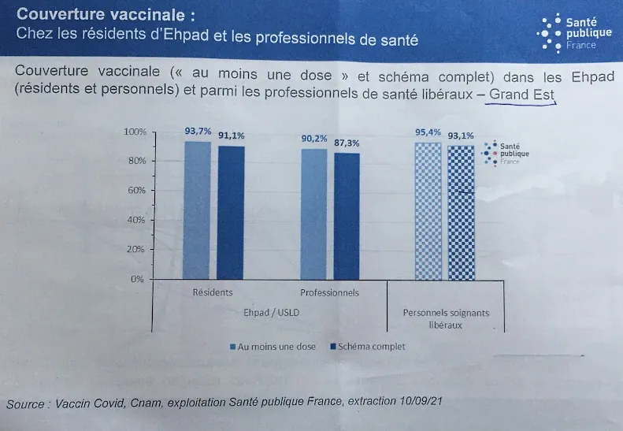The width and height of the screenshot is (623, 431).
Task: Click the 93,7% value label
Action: click(x=198, y=132)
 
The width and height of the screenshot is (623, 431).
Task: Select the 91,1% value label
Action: click(x=232, y=136)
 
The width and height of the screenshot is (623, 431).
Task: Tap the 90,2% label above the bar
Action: click(x=315, y=139)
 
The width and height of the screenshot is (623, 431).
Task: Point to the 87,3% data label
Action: click(x=347, y=143)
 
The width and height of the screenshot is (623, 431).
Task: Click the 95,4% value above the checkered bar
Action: click(x=428, y=132)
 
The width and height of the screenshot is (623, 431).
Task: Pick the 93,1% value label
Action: click(x=461, y=136)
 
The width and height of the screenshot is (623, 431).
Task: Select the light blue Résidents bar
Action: click(x=198, y=210)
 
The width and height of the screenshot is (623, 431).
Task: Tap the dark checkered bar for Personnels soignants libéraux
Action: click(x=461, y=212)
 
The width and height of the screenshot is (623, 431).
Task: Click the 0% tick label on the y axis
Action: click(x=139, y=279)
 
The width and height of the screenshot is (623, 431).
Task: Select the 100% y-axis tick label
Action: click(x=135, y=131)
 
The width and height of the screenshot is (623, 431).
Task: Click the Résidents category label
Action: click(x=213, y=292)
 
